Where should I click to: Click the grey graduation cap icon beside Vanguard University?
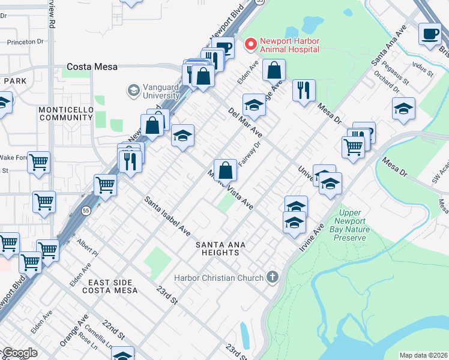pyautogui.click(x=133, y=91)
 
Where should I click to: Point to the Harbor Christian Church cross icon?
pyautogui.click(x=273, y=277)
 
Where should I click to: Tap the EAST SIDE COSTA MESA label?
pyautogui.click(x=112, y=286)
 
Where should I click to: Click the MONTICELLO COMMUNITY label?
pyautogui.click(x=66, y=113)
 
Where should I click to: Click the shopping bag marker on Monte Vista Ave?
pyautogui.click(x=225, y=171)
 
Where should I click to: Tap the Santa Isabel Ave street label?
pyautogui.click(x=167, y=215)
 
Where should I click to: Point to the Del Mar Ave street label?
pyautogui.click(x=244, y=122)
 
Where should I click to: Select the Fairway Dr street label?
pyautogui.click(x=250, y=154)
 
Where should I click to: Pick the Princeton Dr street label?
pyautogui.click(x=25, y=43)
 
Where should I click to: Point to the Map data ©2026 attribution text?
pyautogui.click(x=423, y=355)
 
